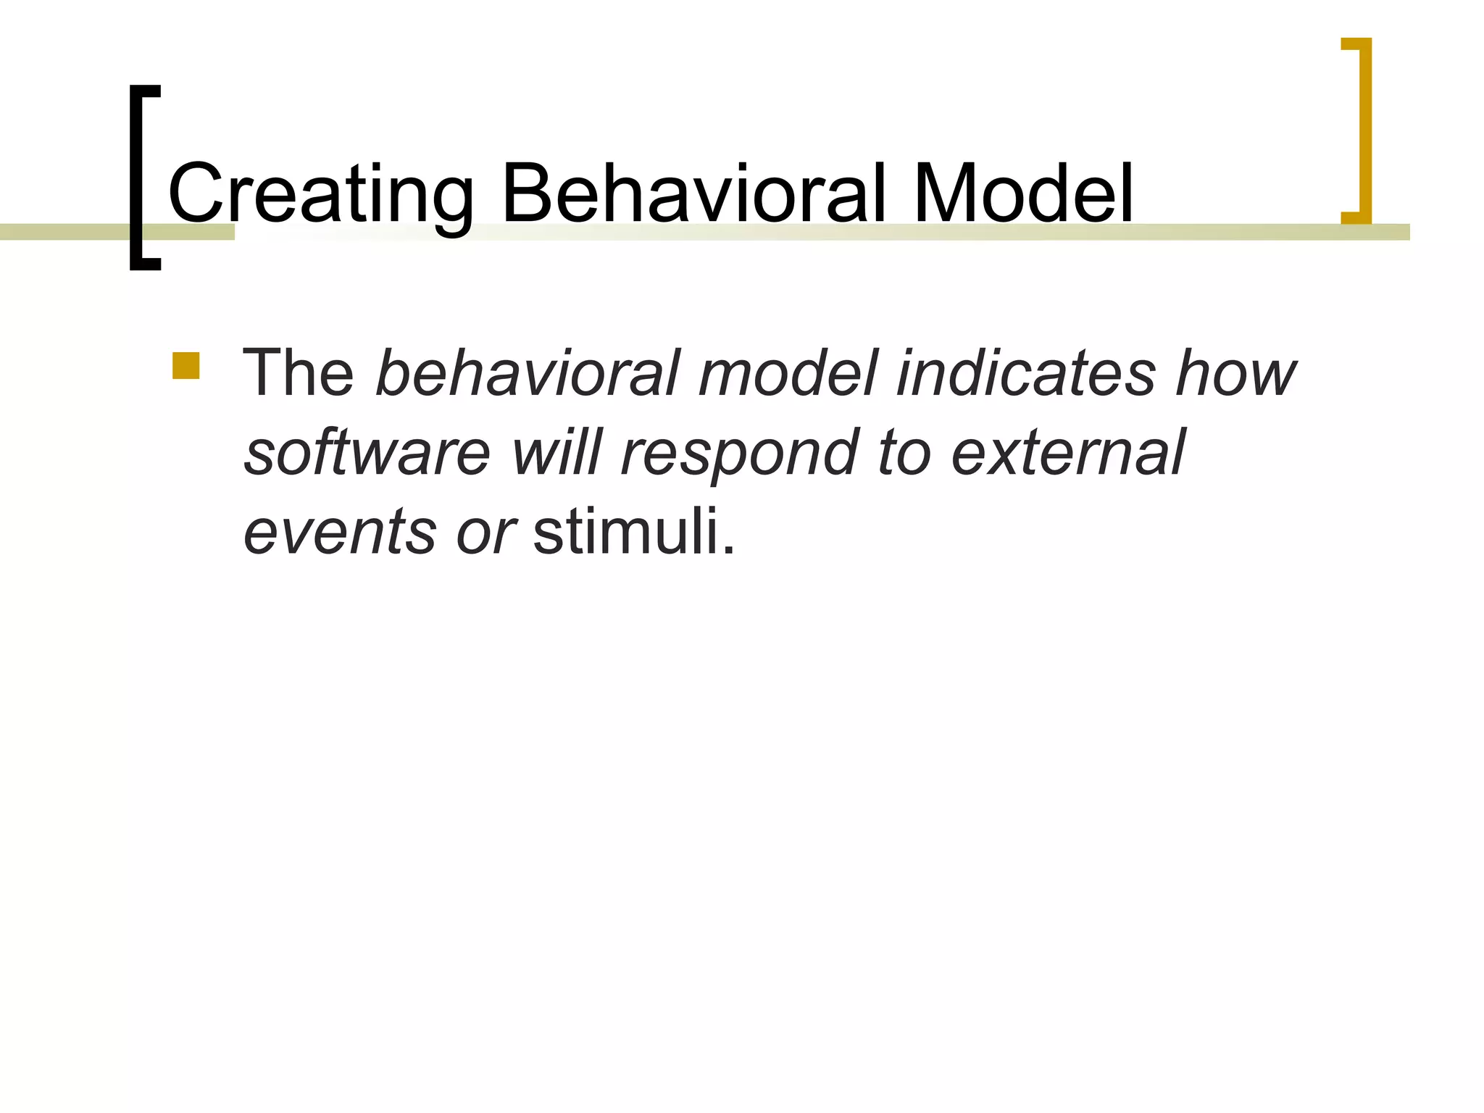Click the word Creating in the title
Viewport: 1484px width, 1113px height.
tap(320, 194)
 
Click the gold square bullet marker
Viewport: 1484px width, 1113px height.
tap(185, 366)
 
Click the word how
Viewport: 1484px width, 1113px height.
tap(1235, 374)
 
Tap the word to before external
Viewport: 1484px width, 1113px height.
tap(903, 453)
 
